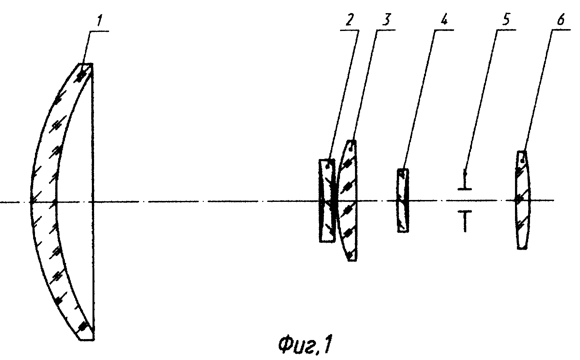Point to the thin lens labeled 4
click(403, 200)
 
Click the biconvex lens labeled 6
click(522, 200)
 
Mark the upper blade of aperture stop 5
click(465, 181)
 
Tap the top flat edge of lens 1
click(86, 64)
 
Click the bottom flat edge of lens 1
click(86, 339)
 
